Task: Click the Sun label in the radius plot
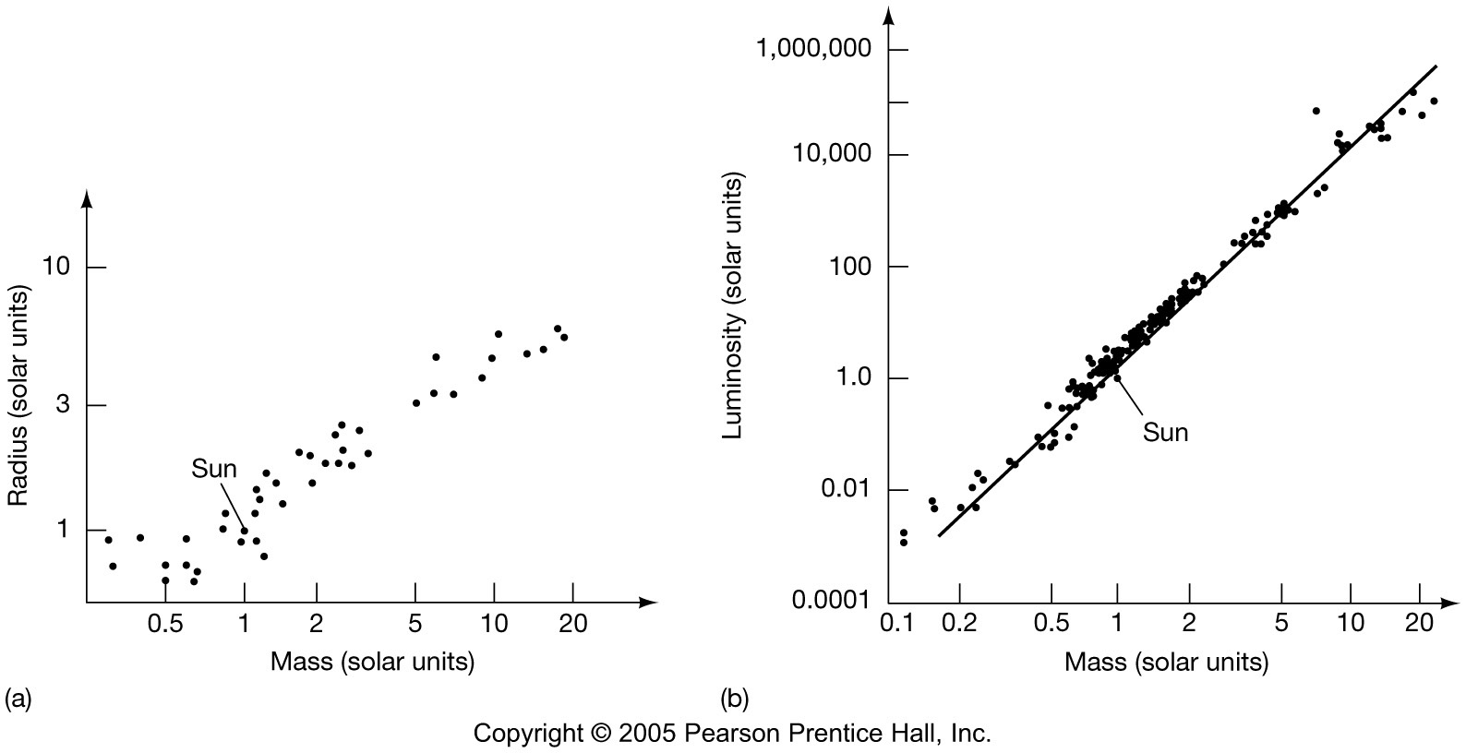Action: click(x=214, y=469)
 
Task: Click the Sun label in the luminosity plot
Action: click(x=1165, y=432)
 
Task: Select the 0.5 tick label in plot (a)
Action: click(x=165, y=624)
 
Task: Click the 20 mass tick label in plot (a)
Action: click(x=572, y=624)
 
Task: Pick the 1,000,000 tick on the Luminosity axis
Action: click(x=813, y=49)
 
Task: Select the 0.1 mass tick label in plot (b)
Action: click(x=895, y=624)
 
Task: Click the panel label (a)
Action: click(x=18, y=699)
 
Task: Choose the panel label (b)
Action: click(x=736, y=699)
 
